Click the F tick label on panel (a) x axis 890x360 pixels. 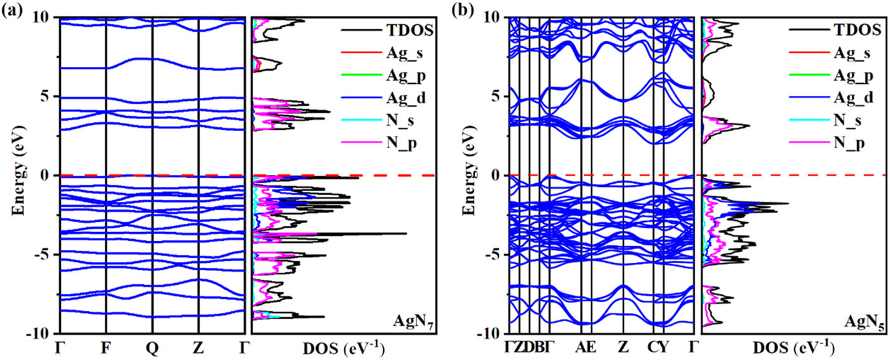pos(106,348)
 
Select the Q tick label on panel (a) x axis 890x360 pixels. pos(153,348)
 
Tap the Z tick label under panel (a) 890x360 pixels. pos(199,348)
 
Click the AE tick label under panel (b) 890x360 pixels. pos(586,348)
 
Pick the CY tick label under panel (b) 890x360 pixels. pos(658,348)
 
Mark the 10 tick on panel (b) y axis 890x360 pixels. pos(493,17)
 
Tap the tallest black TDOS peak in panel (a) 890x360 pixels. pos(406,233)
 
